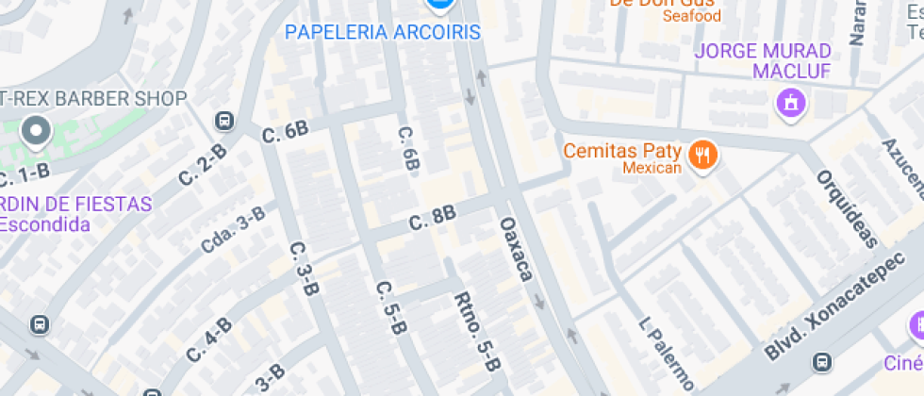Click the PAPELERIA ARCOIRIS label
click(383, 32)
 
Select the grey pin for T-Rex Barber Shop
click(37, 131)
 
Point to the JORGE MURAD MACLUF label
click(764, 60)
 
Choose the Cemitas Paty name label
click(622, 150)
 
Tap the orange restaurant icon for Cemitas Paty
click(701, 155)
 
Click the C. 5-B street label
click(390, 308)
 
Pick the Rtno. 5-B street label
click(477, 330)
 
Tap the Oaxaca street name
click(516, 249)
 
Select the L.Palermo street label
click(666, 352)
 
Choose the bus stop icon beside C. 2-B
click(224, 121)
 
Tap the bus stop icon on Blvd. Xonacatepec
click(822, 362)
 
